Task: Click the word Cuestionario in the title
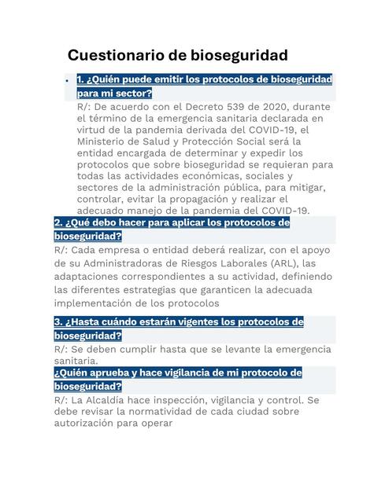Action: [x=115, y=55]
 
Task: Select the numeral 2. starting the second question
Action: [x=58, y=223]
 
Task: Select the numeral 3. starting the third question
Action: [x=58, y=322]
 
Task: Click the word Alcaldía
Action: [x=108, y=400]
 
